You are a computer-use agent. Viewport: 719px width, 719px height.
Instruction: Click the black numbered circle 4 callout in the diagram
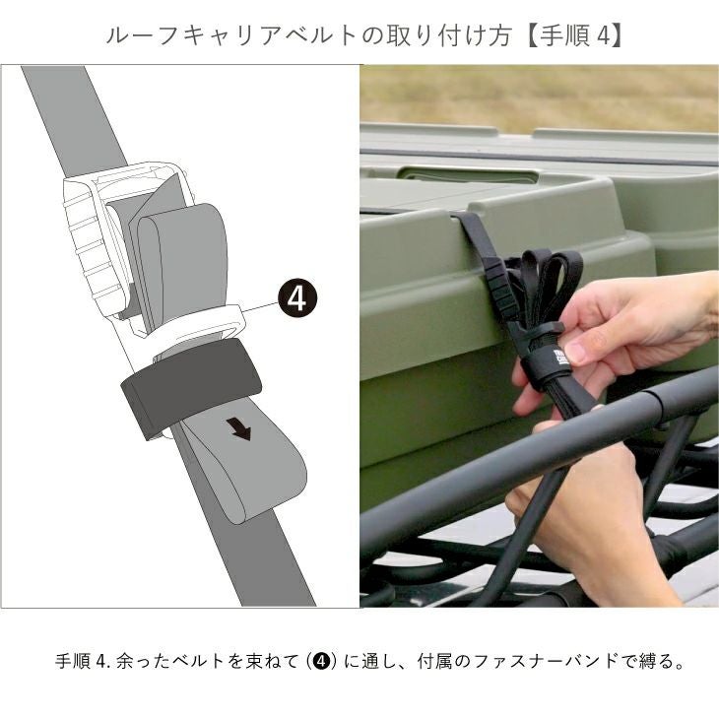[x=296, y=299]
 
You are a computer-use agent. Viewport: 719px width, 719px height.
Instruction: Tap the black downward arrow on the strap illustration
[x=239, y=429]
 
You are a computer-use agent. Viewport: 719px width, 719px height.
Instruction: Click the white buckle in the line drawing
[x=128, y=238]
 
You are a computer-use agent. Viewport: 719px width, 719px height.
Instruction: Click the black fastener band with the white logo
[x=546, y=366]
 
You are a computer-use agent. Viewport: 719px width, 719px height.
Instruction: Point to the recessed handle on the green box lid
[x=469, y=175]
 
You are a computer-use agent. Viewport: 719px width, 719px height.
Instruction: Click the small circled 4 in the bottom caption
[x=323, y=661]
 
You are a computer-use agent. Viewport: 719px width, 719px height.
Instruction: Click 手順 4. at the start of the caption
[x=84, y=661]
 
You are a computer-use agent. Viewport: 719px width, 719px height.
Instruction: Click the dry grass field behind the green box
[x=540, y=98]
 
